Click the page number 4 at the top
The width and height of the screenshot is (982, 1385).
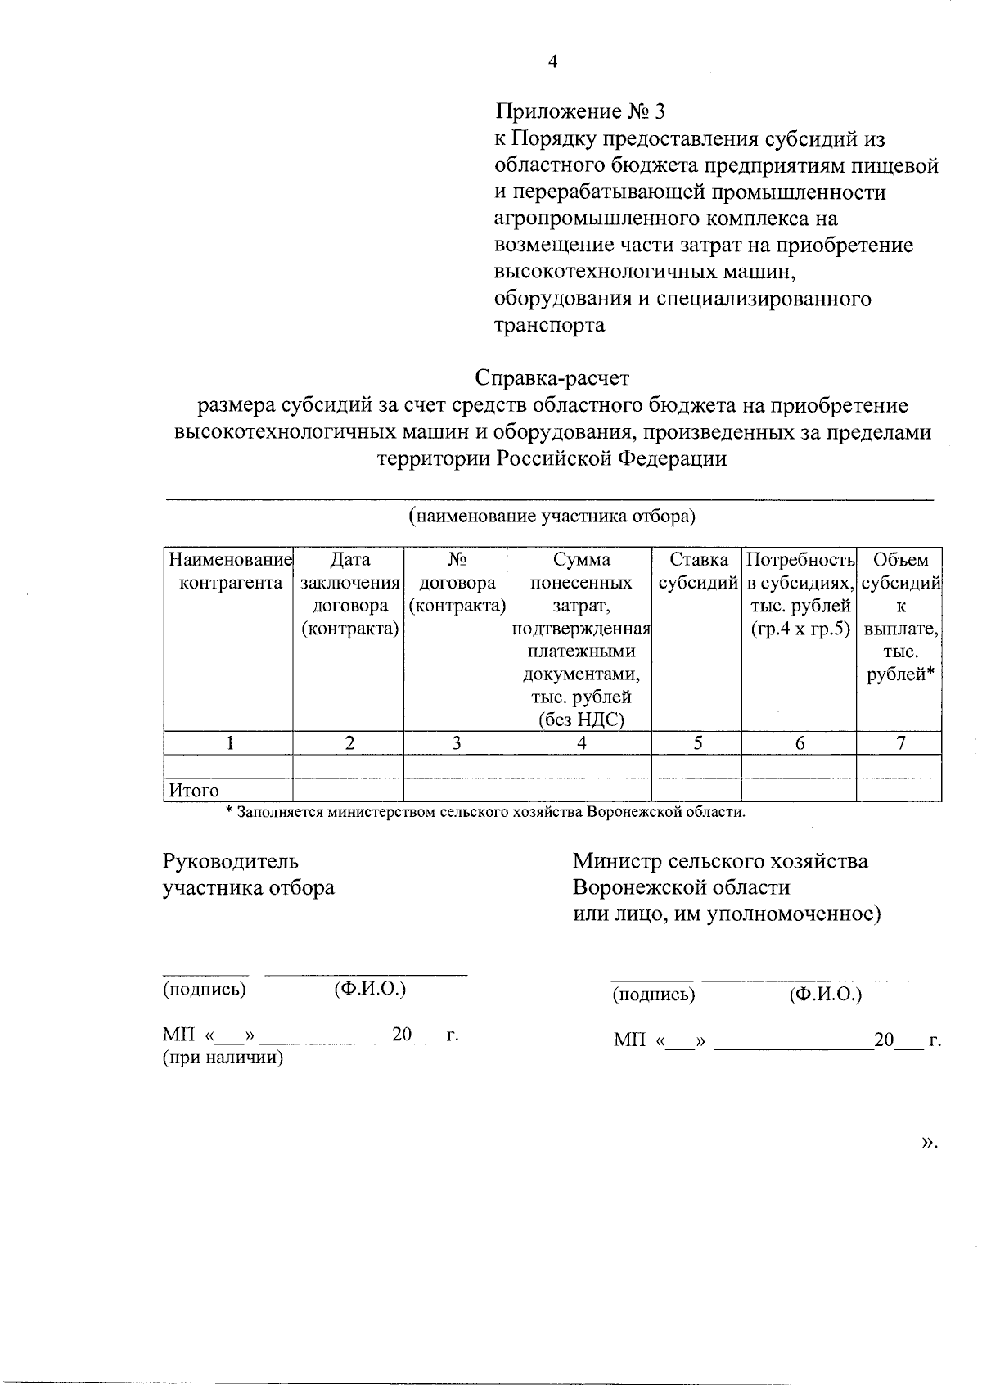click(552, 61)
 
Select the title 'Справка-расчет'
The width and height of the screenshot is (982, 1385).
click(552, 378)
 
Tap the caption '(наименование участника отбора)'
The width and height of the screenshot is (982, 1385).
click(552, 517)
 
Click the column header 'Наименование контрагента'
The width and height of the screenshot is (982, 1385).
click(230, 571)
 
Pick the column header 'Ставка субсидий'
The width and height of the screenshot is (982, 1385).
click(697, 571)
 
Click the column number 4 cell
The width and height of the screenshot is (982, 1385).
click(580, 743)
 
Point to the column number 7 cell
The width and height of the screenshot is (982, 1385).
click(899, 743)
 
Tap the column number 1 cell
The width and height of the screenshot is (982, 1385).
click(230, 743)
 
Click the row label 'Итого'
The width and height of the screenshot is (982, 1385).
click(194, 791)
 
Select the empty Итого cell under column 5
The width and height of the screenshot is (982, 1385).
click(696, 790)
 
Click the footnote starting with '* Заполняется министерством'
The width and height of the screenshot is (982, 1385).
click(486, 813)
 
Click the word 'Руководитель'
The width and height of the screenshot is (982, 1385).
click(231, 861)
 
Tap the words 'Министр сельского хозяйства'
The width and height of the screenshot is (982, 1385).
click(720, 861)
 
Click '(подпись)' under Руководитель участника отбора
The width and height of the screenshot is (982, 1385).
click(205, 989)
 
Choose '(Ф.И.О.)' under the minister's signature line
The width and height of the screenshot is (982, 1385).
click(825, 995)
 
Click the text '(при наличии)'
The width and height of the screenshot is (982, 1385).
click(223, 1058)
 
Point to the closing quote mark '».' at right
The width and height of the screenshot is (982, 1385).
click(928, 1143)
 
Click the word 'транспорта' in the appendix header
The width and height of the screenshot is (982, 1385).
click(550, 325)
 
